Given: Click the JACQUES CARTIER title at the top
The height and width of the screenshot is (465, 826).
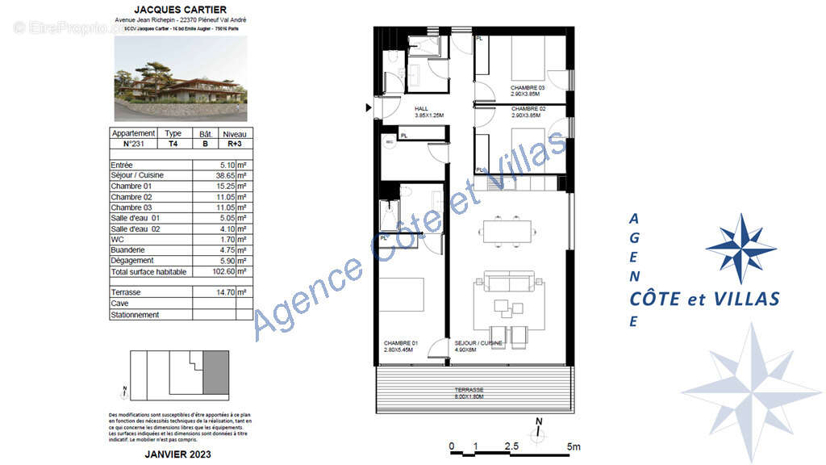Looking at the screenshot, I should tap(180, 9).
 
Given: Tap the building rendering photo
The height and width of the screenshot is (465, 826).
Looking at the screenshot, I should tap(180, 79).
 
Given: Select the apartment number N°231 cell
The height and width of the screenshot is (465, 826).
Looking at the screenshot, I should tap(132, 145).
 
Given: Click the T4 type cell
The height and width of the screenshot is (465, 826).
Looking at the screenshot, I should tap(173, 145).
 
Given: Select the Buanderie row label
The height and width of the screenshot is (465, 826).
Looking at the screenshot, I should tap(127, 250).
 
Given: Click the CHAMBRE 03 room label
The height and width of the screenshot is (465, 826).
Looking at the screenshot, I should tap(528, 87).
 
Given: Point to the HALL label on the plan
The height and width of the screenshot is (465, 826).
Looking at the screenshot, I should tap(421, 109).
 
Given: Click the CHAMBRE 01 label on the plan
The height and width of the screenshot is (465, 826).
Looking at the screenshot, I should tap(400, 343).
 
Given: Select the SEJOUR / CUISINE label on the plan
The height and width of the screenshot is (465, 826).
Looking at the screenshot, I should tap(478, 343).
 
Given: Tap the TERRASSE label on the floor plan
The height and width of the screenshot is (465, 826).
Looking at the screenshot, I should tap(473, 390).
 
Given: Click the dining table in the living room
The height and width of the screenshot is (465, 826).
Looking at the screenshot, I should tap(508, 230).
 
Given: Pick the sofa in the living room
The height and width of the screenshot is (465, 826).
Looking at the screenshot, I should tap(507, 283).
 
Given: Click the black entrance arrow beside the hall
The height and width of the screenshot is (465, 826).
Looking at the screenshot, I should tap(369, 107).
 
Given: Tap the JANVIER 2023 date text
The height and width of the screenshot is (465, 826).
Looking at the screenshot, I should tap(180, 455).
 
